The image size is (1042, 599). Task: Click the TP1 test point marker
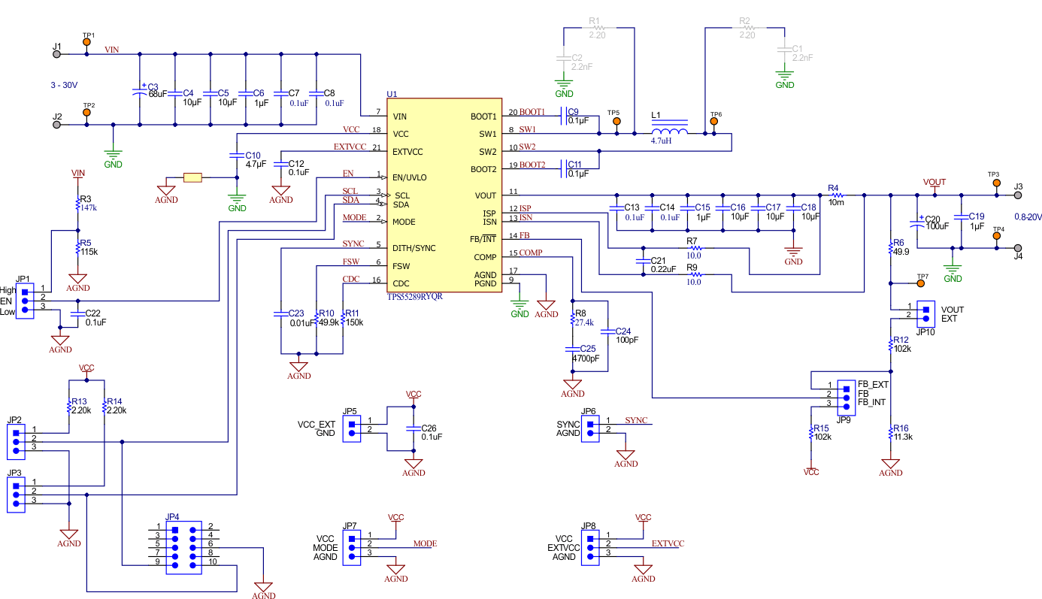click(86, 44)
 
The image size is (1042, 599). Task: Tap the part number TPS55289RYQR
click(413, 297)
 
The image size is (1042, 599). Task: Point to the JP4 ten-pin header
click(184, 546)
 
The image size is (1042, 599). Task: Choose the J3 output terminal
click(1017, 195)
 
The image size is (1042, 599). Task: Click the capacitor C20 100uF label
click(937, 225)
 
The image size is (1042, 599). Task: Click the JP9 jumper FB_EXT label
click(874, 384)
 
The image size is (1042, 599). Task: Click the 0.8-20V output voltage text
click(1027, 216)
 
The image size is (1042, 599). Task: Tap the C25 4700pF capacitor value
click(586, 358)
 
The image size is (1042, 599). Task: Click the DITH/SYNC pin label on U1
click(413, 248)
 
